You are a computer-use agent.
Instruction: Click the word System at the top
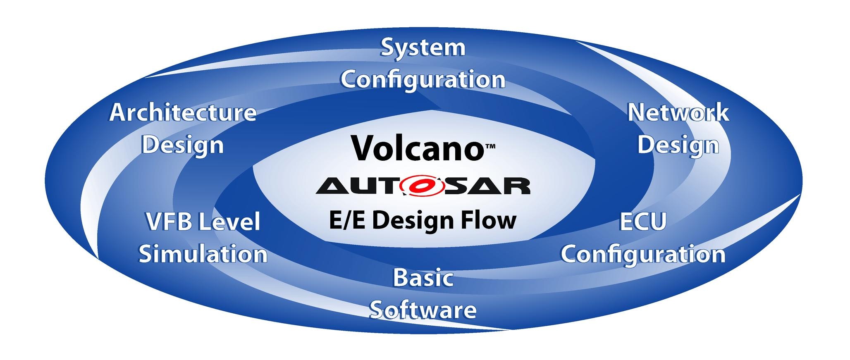(423, 48)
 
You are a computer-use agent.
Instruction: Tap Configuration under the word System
(423, 80)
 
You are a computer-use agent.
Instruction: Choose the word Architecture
(183, 113)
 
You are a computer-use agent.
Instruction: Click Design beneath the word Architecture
(183, 145)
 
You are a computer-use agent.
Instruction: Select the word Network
(678, 113)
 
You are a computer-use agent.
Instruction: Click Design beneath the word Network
(678, 145)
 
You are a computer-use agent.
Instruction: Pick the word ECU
(643, 222)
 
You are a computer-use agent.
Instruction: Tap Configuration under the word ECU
(643, 254)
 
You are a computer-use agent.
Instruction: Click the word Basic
(423, 278)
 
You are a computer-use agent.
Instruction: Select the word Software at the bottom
(423, 310)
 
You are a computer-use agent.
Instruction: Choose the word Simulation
(203, 254)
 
